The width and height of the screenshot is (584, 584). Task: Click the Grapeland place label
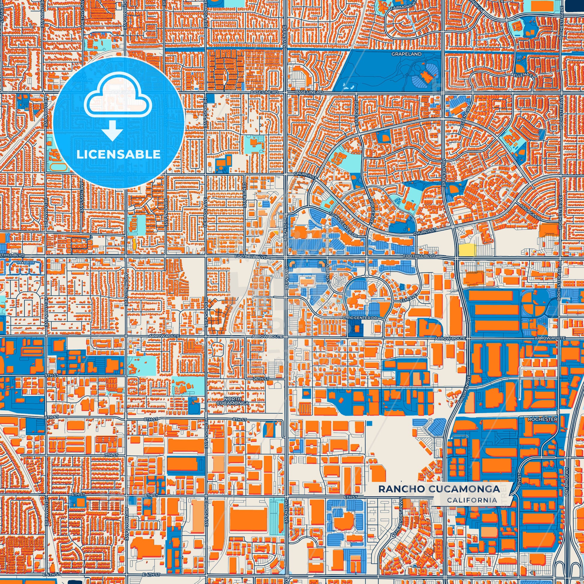pos(406,54)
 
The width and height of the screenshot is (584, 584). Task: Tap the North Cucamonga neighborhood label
pos(233,401)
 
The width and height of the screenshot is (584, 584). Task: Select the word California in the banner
pos(472,500)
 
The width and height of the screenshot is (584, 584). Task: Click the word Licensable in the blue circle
pos(118,155)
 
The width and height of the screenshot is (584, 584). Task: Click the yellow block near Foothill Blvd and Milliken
pos(467,250)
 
